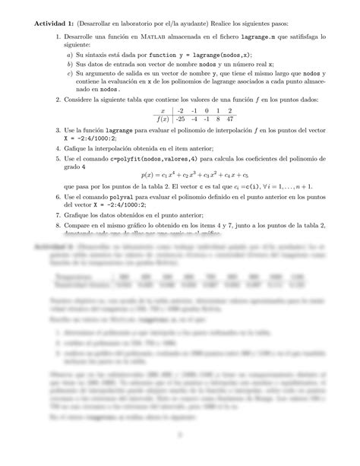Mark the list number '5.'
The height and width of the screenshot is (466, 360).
pos(60,157)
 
